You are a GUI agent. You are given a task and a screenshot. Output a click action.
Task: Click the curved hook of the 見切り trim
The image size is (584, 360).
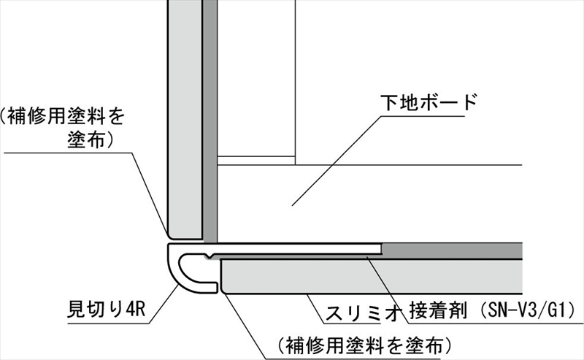pos(182,269)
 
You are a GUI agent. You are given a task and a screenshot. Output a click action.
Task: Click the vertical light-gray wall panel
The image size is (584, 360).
pos(184,117)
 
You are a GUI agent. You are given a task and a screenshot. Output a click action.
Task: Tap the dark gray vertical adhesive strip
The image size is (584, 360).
pos(210,117)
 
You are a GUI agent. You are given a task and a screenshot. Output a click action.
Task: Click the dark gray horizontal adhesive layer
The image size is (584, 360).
pos(453,250)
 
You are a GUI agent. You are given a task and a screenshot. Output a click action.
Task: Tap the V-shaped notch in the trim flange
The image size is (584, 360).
pos(210,256)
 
